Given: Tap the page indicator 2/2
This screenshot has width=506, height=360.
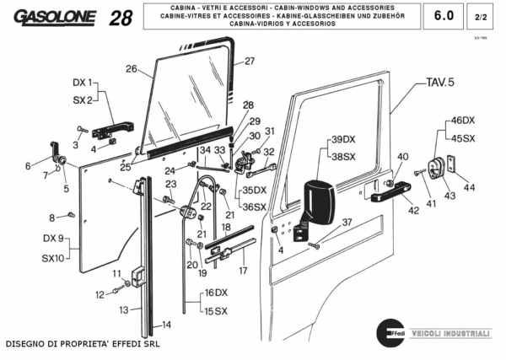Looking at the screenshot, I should (482, 16).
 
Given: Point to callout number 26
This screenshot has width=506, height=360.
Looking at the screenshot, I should (131, 68).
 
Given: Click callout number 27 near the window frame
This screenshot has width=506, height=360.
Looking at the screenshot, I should (249, 61).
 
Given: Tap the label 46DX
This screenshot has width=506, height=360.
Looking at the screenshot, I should (463, 121).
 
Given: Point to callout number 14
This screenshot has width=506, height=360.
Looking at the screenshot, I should (166, 324).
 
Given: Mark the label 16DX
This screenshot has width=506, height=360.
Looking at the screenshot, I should (216, 293).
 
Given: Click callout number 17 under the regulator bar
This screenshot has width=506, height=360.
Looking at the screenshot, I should (242, 271).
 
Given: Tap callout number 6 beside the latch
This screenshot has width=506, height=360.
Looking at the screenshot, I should (27, 165).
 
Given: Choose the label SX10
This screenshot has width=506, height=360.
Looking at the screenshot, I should (52, 258).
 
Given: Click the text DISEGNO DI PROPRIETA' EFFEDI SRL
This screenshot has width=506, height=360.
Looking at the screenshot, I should (82, 344).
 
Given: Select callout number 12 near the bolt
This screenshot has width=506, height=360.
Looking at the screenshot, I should (99, 294).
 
